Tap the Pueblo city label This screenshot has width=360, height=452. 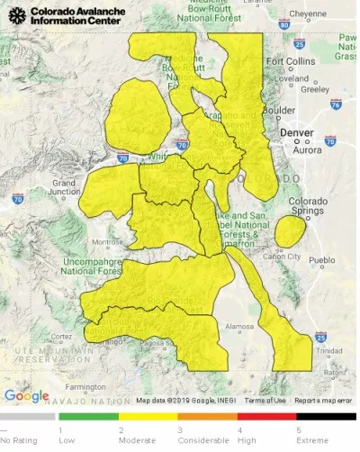coord(321,260)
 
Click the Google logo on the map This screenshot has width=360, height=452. coord(27,395)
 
